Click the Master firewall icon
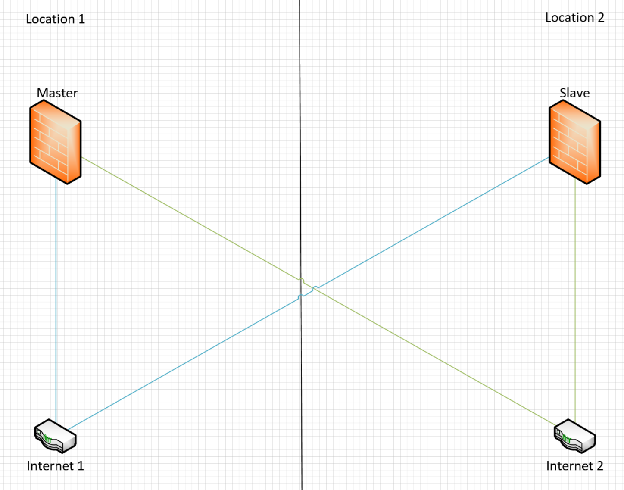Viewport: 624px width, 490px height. (56, 142)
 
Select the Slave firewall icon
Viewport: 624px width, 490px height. (574, 142)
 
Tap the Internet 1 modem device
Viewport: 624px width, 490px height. (56, 436)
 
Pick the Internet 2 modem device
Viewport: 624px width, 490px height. (574, 436)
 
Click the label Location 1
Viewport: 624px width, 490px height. (56, 19)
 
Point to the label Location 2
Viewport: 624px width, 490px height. (574, 18)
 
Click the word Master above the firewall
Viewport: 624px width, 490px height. (57, 93)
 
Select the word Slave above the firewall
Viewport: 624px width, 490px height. (574, 93)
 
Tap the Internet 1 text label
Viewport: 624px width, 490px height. (56, 466)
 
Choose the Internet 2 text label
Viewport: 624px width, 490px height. (574, 466)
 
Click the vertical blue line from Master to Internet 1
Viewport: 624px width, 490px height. (56, 300)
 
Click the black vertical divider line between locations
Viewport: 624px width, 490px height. (301, 245)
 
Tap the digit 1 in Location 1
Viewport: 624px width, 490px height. (81, 19)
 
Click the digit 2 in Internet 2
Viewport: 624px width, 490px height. (600, 466)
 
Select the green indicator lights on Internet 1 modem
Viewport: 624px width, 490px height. (47, 439)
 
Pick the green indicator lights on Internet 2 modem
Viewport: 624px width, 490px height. (566, 439)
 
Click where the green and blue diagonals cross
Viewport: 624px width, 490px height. (314, 289)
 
